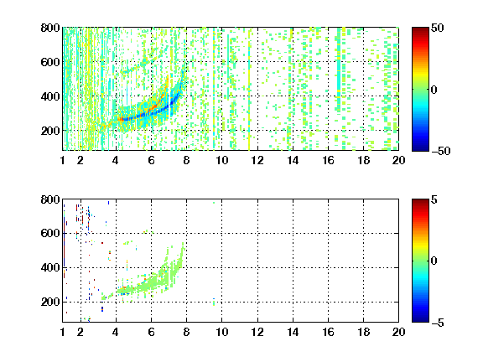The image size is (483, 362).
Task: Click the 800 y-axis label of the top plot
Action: [x=50, y=28]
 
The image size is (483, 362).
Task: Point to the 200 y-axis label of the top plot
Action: [x=50, y=131]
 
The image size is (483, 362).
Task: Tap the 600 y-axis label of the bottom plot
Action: [x=50, y=233]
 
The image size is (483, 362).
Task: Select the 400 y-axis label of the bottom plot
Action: [x=50, y=267]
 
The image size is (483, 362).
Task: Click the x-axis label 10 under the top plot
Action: [x=221, y=160]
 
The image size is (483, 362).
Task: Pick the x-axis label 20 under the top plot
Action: [x=398, y=160]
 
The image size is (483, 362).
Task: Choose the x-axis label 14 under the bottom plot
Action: [x=293, y=332]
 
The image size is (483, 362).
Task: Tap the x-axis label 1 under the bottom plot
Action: [x=63, y=332]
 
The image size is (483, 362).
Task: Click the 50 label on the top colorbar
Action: [x=437, y=28]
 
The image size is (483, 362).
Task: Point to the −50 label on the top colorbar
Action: [x=440, y=151]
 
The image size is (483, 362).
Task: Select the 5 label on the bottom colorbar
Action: [x=434, y=200]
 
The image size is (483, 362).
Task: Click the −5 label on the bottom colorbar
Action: [x=438, y=323]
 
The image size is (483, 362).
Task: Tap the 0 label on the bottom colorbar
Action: [x=434, y=261]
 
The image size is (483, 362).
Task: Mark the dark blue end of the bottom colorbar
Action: [x=420, y=320]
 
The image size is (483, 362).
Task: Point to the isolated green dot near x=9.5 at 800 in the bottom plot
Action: [x=214, y=203]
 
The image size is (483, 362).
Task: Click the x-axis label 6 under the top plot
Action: [x=151, y=160]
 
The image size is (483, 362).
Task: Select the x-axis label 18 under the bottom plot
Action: [x=363, y=332]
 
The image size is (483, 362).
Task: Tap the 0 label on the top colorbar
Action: [x=434, y=90]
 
